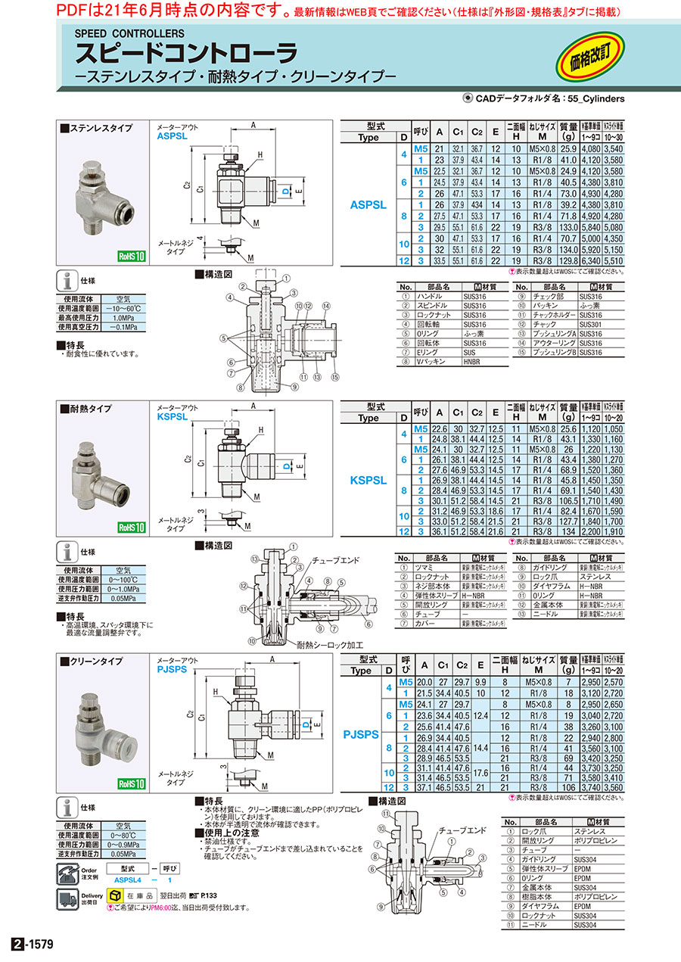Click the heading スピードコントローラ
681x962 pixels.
click(x=185, y=54)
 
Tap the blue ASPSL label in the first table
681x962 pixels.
click(x=368, y=205)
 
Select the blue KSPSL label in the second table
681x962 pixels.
click(x=368, y=480)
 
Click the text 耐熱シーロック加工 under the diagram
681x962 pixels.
click(x=331, y=646)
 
